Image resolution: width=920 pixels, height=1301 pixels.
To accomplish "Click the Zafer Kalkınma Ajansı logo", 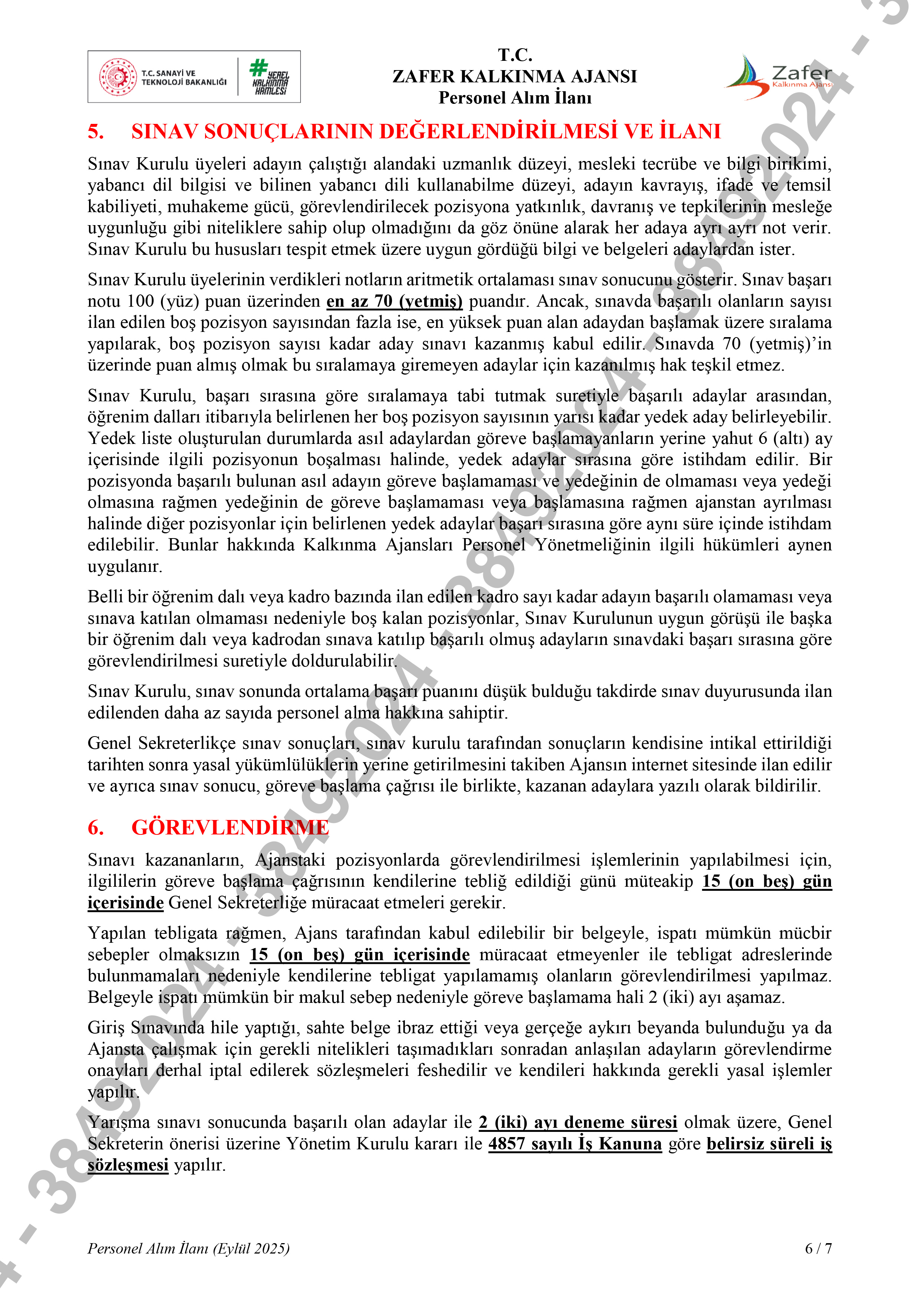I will [x=779, y=78].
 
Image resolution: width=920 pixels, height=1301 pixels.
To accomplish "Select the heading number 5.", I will [x=96, y=131].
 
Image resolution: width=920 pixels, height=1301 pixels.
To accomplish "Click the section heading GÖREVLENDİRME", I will [x=230, y=828].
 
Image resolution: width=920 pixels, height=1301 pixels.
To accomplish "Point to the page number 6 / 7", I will [x=818, y=1248].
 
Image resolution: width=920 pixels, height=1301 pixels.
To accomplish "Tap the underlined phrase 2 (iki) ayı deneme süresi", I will [x=578, y=1123].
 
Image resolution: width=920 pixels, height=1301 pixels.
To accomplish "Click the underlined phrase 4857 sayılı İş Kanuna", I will [x=575, y=1144].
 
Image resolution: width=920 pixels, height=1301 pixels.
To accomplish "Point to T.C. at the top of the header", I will [x=515, y=55].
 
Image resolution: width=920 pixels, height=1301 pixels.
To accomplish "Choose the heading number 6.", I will [x=96, y=828].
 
